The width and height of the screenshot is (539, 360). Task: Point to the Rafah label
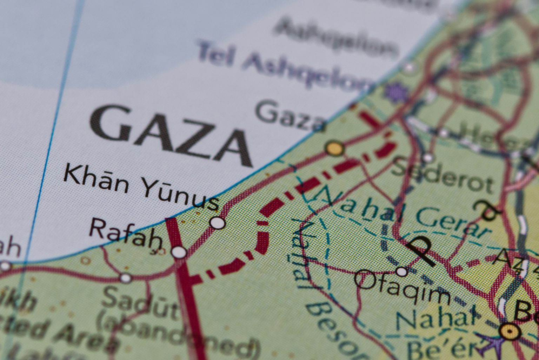126,234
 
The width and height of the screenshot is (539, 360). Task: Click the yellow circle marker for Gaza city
334,148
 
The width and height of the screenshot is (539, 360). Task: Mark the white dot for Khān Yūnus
218,222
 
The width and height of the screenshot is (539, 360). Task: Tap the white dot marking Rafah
179,252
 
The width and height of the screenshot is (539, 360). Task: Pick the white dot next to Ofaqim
401,271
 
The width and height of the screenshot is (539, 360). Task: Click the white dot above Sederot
428,157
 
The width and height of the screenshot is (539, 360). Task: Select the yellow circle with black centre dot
508,331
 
